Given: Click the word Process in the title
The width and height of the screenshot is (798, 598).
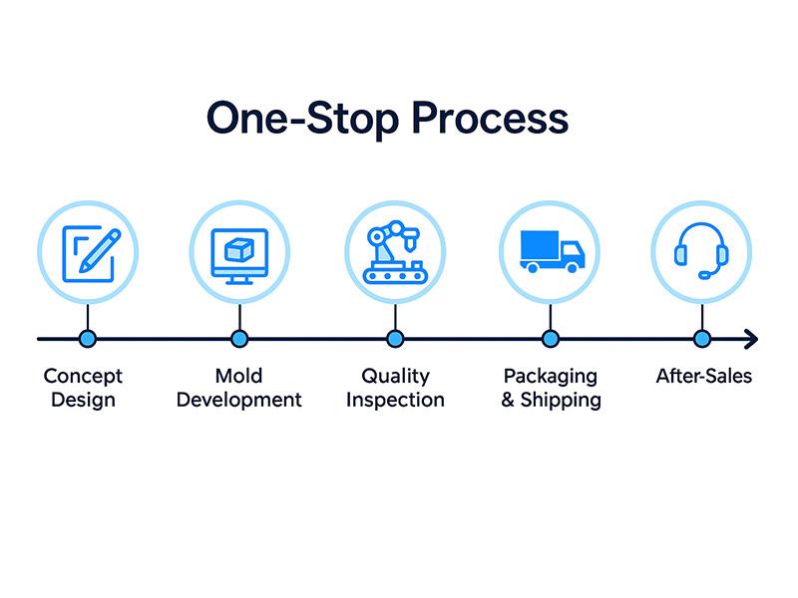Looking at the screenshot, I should (490, 119).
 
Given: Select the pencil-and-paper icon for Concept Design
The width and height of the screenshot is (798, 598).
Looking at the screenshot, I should (88, 252).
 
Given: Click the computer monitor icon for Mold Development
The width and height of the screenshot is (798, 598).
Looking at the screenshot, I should (239, 252).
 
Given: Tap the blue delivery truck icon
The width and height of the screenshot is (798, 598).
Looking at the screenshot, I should (550, 251).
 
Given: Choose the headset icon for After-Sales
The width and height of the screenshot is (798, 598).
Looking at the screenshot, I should (702, 251).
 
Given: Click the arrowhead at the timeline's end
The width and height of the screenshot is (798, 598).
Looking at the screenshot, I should (750, 340).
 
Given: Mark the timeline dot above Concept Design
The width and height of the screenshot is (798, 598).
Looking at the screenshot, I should (87, 340).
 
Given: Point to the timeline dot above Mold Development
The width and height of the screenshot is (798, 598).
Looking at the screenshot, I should (239, 340).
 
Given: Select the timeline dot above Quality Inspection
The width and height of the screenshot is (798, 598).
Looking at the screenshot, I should (395, 340).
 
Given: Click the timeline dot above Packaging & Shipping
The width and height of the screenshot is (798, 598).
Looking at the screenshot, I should (550, 340).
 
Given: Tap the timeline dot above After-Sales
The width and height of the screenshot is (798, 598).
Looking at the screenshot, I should (702, 340).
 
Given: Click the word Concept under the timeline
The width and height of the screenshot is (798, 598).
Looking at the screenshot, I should (83, 377).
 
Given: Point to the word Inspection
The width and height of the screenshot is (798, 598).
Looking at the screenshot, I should (395, 401).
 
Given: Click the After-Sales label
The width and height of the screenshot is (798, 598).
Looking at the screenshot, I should (703, 377).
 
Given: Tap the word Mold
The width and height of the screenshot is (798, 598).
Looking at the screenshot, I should (238, 377).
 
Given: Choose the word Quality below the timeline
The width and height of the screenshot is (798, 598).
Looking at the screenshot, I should (395, 377).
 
